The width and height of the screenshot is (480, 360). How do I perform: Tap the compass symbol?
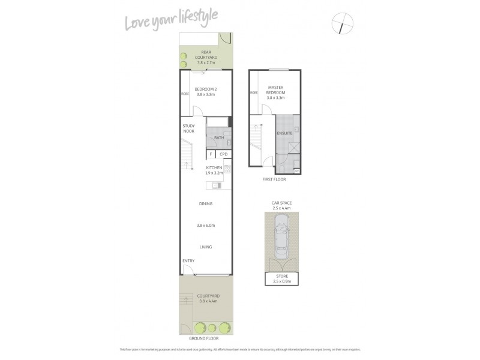[x=342, y=25]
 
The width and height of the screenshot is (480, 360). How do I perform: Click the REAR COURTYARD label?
[x=206, y=57]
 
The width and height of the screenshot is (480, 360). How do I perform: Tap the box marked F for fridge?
[x=211, y=154]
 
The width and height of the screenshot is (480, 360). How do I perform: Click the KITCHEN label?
[x=214, y=170]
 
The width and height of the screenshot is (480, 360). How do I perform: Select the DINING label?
[x=206, y=204]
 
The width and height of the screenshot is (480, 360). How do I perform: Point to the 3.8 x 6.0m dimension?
[x=206, y=226]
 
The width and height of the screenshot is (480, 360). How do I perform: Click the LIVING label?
[x=206, y=247]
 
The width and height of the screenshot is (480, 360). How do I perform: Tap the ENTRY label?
[x=188, y=260]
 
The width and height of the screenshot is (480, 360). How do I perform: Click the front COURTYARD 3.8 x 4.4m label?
[x=206, y=298]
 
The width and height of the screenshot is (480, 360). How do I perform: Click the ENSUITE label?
[x=284, y=133]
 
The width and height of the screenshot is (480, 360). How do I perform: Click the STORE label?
[x=281, y=278]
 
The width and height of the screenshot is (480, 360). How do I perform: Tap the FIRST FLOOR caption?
[x=274, y=179]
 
